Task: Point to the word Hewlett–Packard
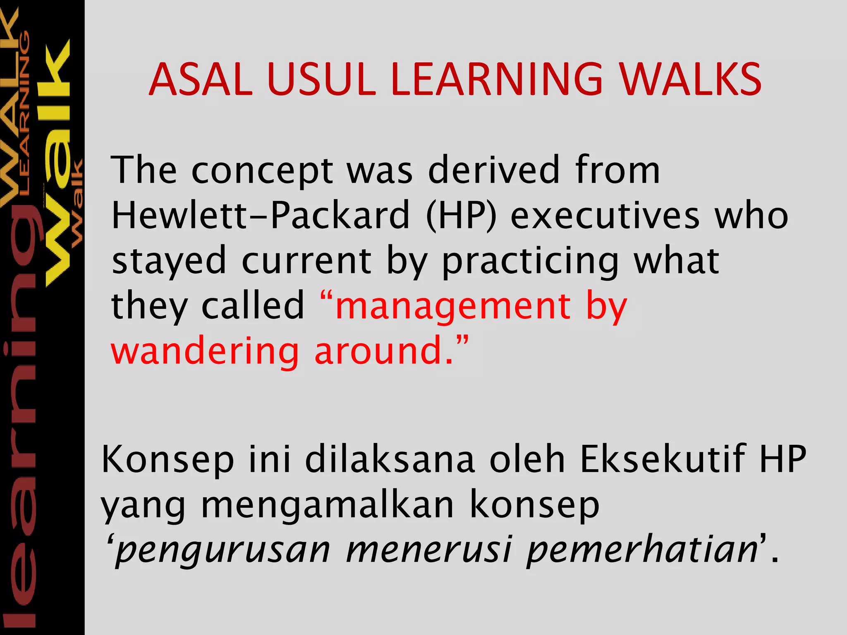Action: (x=261, y=215)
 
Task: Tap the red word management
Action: (x=453, y=307)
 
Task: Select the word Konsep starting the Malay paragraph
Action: (x=167, y=460)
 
